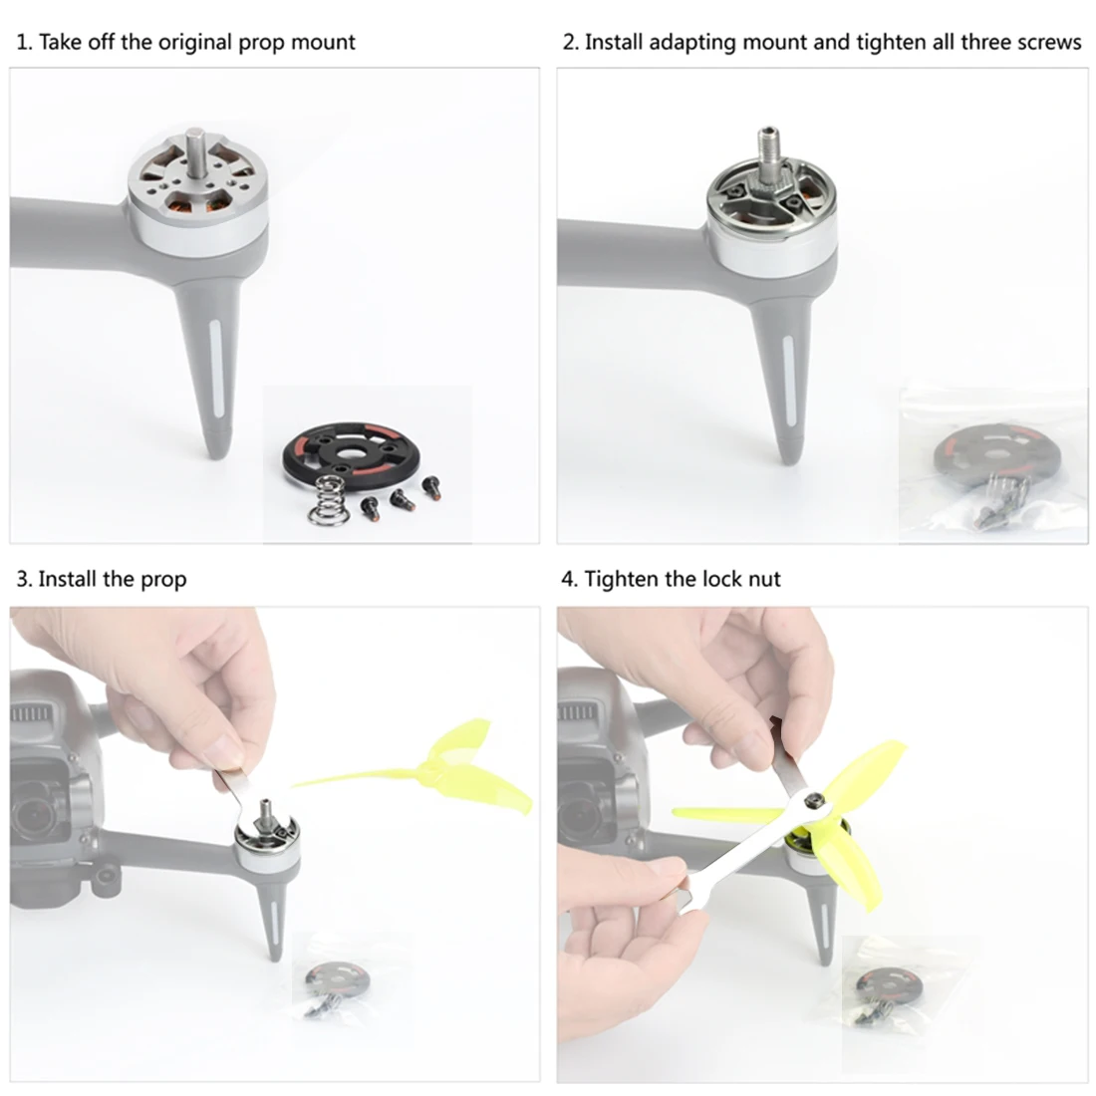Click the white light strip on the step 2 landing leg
point(790,381)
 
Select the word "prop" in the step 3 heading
point(163,580)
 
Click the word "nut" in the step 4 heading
point(764,580)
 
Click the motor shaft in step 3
point(266,812)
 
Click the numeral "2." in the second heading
point(571,42)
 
